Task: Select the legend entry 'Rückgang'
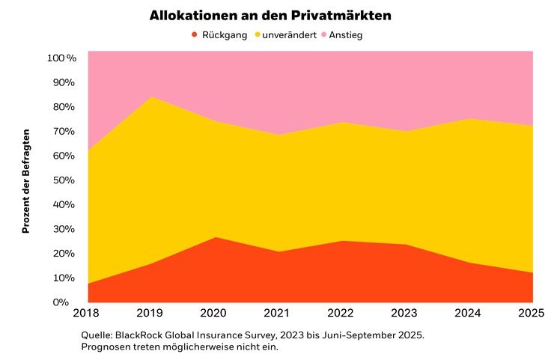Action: pyautogui.click(x=224, y=34)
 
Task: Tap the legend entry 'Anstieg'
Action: pyautogui.click(x=346, y=34)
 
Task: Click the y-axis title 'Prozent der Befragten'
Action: pyautogui.click(x=25, y=180)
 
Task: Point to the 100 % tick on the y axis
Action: pyautogui.click(x=61, y=58)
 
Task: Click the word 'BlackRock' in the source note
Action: pyautogui.click(x=144, y=335)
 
